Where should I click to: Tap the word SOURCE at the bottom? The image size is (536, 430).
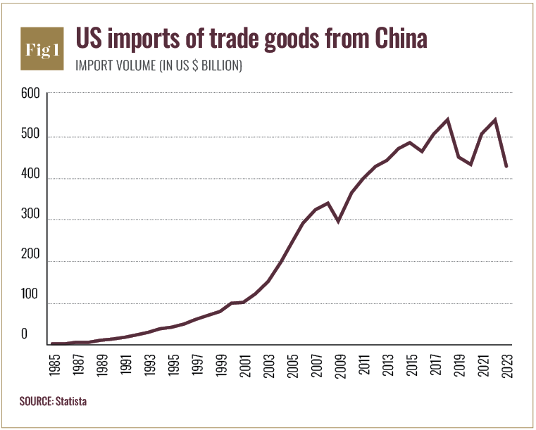[x=35, y=401]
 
